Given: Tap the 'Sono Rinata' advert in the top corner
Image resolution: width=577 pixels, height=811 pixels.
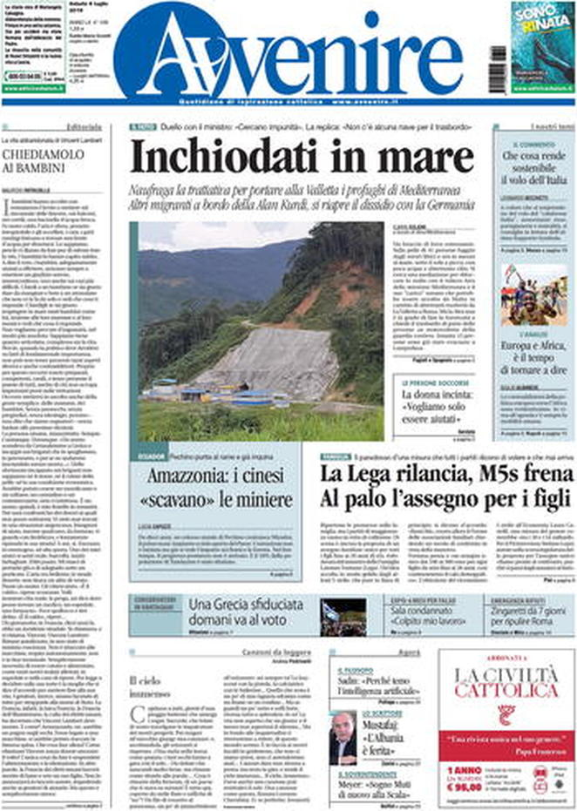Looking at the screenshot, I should pyautogui.click(x=542, y=47).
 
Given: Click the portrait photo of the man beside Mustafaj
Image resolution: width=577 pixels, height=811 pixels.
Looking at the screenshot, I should pyautogui.click(x=343, y=737).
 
